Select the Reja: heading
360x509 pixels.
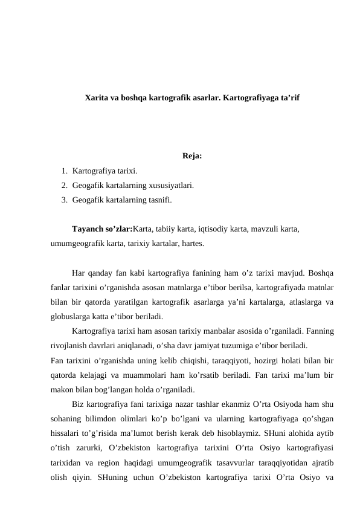pos(191,158)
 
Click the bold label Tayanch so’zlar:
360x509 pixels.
pos(101,230)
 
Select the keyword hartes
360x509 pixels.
pos(191,244)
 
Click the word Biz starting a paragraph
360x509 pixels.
pos(77,404)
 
